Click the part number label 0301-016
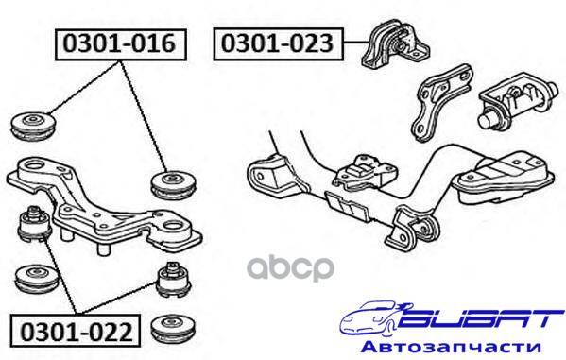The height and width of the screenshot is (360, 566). (121, 44)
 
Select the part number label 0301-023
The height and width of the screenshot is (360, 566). (278, 43)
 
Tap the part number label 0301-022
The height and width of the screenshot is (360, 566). (76, 331)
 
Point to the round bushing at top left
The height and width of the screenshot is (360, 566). (34, 126)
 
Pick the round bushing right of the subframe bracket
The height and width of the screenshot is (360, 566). (173, 184)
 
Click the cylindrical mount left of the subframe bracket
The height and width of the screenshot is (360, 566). (34, 224)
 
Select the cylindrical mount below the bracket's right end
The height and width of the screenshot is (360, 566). (174, 280)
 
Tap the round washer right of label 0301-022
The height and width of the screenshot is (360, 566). (173, 331)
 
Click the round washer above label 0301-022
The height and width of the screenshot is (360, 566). (37, 280)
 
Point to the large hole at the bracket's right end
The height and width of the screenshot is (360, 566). (175, 227)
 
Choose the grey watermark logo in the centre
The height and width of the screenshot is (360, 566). (291, 268)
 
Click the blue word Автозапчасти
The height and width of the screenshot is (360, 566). (452, 347)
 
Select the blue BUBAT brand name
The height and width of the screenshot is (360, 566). (477, 318)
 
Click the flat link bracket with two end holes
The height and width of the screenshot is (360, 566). (441, 102)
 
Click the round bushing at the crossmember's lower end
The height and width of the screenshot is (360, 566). (428, 228)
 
